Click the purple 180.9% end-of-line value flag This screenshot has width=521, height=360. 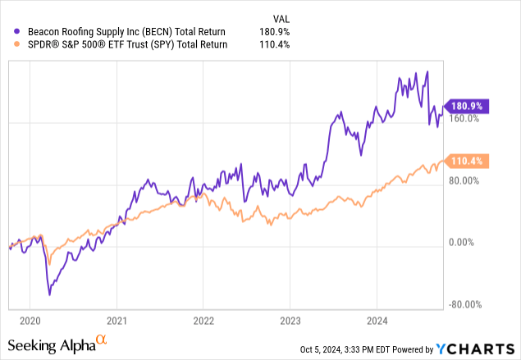(x=466, y=106)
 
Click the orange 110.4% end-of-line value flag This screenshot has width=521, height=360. (x=466, y=162)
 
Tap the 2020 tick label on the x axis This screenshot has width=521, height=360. (x=29, y=321)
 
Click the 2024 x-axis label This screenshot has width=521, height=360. (x=377, y=321)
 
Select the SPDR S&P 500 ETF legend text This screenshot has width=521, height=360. (x=121, y=46)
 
